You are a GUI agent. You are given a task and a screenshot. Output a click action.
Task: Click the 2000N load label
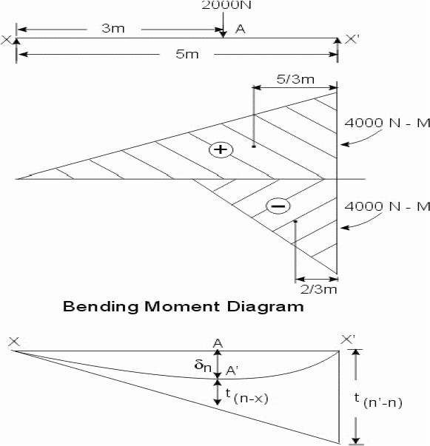click(x=226, y=5)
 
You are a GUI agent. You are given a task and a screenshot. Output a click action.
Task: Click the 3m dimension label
click(x=113, y=28)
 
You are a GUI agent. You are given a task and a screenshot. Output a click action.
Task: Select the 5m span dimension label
click(x=187, y=54)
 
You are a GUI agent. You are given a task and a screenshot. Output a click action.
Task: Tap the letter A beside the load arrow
click(x=241, y=29)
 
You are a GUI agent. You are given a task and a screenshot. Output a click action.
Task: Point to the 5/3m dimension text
click(x=296, y=79)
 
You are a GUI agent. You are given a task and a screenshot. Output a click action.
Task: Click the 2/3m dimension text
click(x=319, y=289)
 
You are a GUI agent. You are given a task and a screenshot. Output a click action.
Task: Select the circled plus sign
click(x=221, y=149)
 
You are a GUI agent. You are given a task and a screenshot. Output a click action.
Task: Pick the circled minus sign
click(x=278, y=206)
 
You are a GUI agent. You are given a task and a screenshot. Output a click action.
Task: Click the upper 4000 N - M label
click(x=387, y=123)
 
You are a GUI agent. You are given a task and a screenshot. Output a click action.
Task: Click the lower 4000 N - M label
click(x=387, y=206)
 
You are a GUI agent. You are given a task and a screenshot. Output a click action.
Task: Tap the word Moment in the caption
click(x=182, y=307)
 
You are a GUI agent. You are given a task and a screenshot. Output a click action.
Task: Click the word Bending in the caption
click(x=101, y=307)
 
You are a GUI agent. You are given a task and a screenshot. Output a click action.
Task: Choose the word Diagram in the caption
click(x=265, y=307)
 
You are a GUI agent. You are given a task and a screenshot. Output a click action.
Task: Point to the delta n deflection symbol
click(x=203, y=366)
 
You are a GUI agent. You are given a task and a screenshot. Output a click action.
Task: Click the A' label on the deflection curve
click(x=232, y=371)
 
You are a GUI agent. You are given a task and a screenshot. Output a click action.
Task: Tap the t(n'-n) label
click(x=378, y=401)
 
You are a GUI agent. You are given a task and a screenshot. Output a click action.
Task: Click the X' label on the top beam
click(x=352, y=39)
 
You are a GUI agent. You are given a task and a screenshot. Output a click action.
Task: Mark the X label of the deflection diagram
click(x=14, y=342)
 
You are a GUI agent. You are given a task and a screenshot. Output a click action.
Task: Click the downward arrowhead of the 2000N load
click(x=224, y=34)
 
